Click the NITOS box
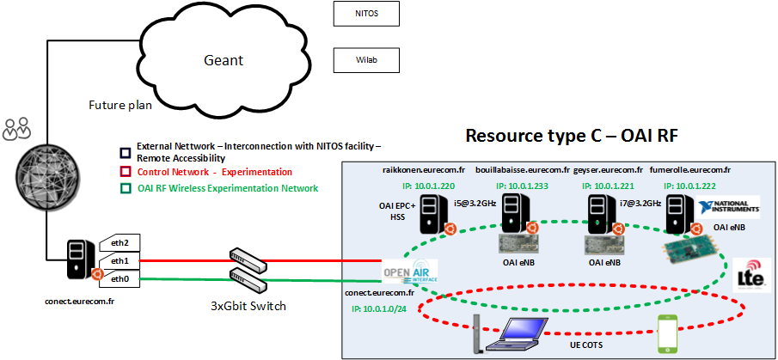tap(365, 14)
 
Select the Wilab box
tap(365, 60)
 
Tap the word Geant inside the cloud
tap(224, 60)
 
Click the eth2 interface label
tap(120, 243)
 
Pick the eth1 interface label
tap(120, 261)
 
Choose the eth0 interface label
tap(120, 279)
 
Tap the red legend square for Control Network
tap(126, 173)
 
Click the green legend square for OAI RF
tap(126, 188)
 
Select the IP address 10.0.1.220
tap(427, 186)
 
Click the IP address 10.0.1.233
tap(524, 186)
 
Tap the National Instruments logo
tap(729, 207)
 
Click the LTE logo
tap(750, 275)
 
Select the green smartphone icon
tap(667, 333)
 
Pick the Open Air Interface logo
tap(410, 272)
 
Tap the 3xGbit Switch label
tap(248, 306)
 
